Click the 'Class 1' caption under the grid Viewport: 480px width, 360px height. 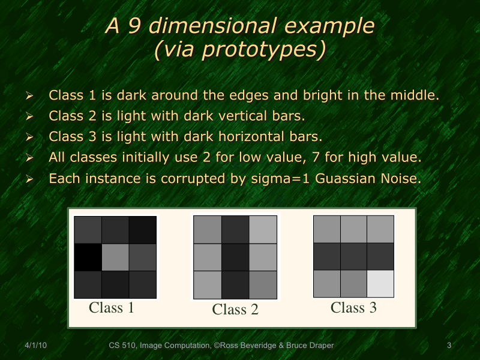pyautogui.click(x=112, y=308)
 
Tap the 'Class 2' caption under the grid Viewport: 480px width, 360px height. pyautogui.click(x=235, y=310)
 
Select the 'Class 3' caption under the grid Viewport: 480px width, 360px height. pyautogui.click(x=353, y=308)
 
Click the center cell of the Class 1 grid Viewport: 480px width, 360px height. pyautogui.click(x=115, y=257)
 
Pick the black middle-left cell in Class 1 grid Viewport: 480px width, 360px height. pyautogui.click(x=88, y=257)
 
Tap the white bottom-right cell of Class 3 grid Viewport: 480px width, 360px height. pyautogui.click(x=380, y=283)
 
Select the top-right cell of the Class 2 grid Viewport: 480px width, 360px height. pyautogui.click(x=262, y=230)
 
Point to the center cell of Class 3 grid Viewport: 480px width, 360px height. pyautogui.click(x=353, y=256)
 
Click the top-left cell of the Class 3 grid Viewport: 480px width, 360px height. pyautogui.click(x=327, y=229)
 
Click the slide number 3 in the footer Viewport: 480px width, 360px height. pyautogui.click(x=449, y=346)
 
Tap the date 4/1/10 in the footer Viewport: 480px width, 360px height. pyautogui.click(x=36, y=346)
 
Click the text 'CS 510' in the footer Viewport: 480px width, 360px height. pyautogui.click(x=122, y=346)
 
